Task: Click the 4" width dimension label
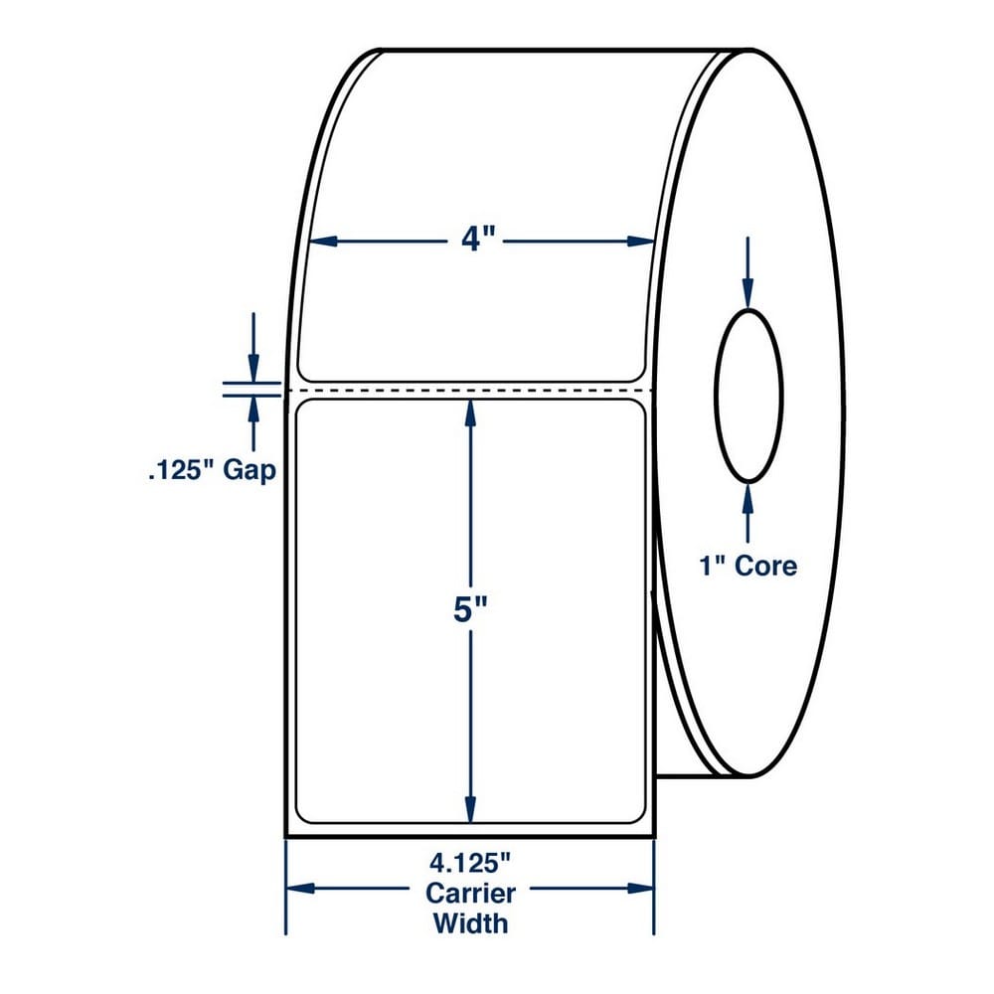coord(478,241)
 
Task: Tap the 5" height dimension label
coord(470,610)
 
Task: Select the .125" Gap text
coord(213,471)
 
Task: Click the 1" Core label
coord(748,566)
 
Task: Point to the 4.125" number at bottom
coord(470,863)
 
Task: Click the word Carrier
coord(470,894)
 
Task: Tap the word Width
coord(470,923)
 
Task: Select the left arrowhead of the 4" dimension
coord(323,241)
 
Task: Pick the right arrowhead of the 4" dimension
coord(640,241)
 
